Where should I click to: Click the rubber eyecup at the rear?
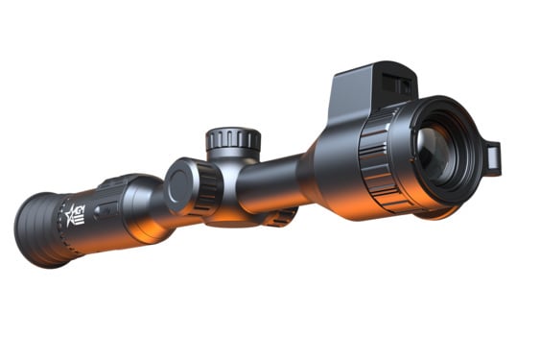[44, 230]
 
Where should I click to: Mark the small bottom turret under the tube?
[279, 218]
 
